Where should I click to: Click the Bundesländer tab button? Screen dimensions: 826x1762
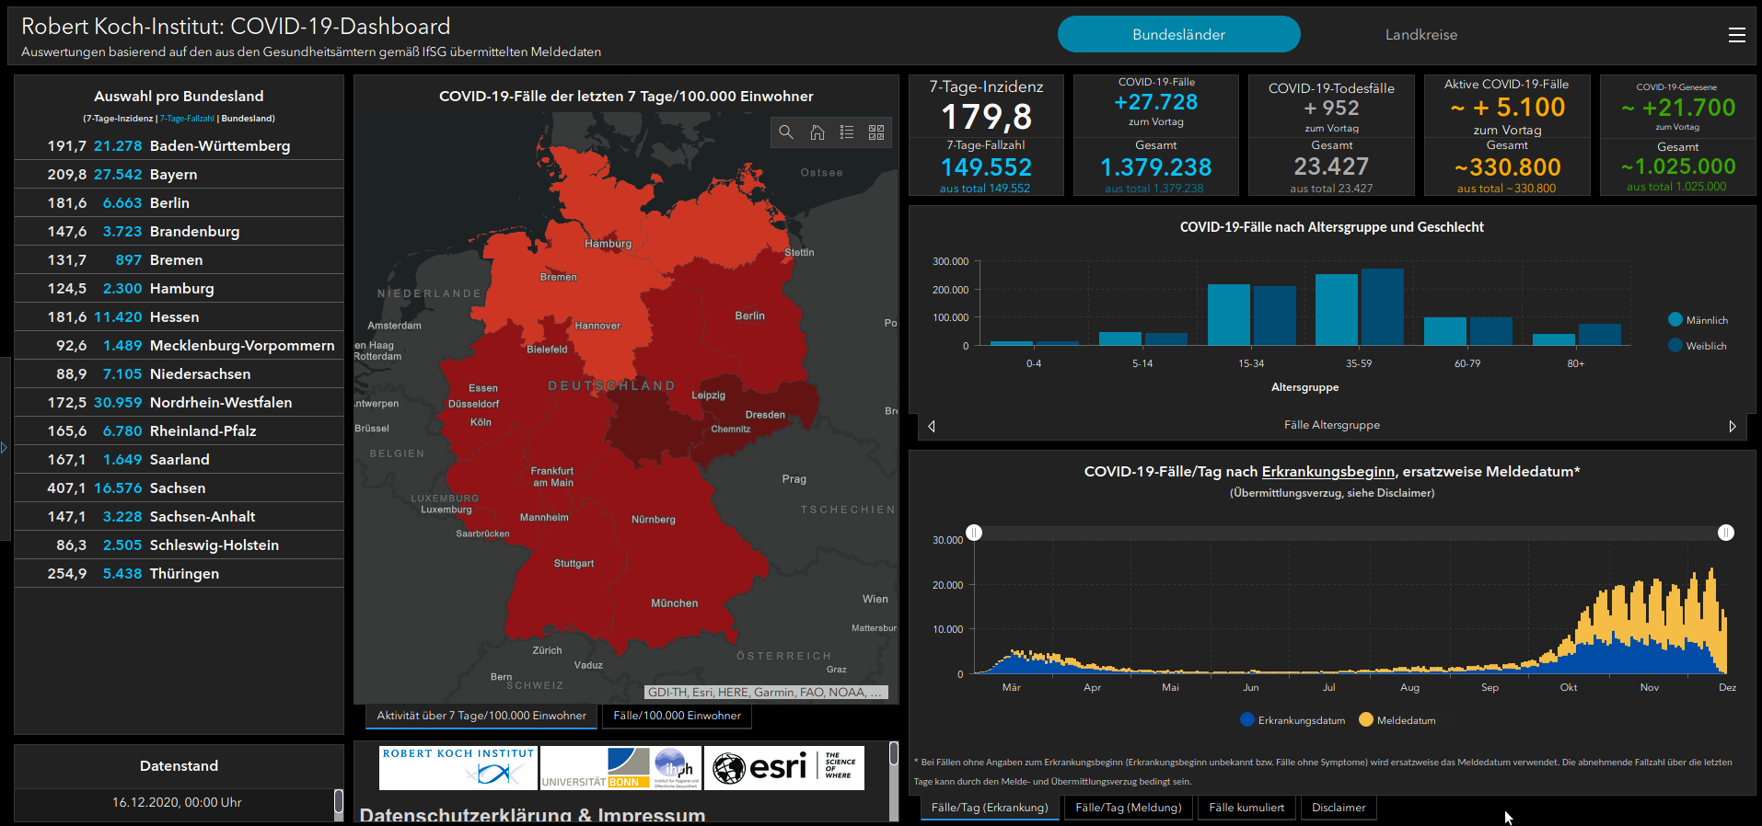tap(1178, 35)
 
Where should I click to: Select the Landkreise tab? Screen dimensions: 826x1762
tap(1420, 35)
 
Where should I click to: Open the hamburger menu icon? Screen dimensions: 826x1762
tap(1736, 35)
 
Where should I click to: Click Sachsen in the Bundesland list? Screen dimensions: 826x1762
tap(178, 488)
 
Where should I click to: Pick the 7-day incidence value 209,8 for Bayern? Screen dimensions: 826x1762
tap(67, 175)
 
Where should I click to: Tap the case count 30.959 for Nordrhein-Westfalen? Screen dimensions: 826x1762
tap(118, 403)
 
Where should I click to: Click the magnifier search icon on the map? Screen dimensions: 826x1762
tap(786, 132)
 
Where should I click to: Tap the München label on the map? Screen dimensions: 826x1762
tap(674, 603)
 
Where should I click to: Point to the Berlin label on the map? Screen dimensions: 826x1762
tap(749, 315)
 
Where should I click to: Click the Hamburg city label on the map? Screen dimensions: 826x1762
tap(608, 244)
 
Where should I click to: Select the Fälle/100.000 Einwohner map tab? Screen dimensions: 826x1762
tap(677, 716)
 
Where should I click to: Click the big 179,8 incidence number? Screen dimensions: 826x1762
tap(986, 117)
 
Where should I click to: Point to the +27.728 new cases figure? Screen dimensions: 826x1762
tap(1155, 102)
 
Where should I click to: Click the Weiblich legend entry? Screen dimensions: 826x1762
tap(1705, 346)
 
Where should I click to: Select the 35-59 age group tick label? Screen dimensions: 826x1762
tap(1358, 363)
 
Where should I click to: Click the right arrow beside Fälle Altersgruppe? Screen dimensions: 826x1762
tap(1732, 426)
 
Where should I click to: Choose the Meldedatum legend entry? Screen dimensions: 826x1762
tap(1405, 720)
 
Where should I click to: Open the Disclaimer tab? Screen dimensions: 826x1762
tap(1338, 808)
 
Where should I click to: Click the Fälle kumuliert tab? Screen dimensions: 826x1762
tap(1246, 808)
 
